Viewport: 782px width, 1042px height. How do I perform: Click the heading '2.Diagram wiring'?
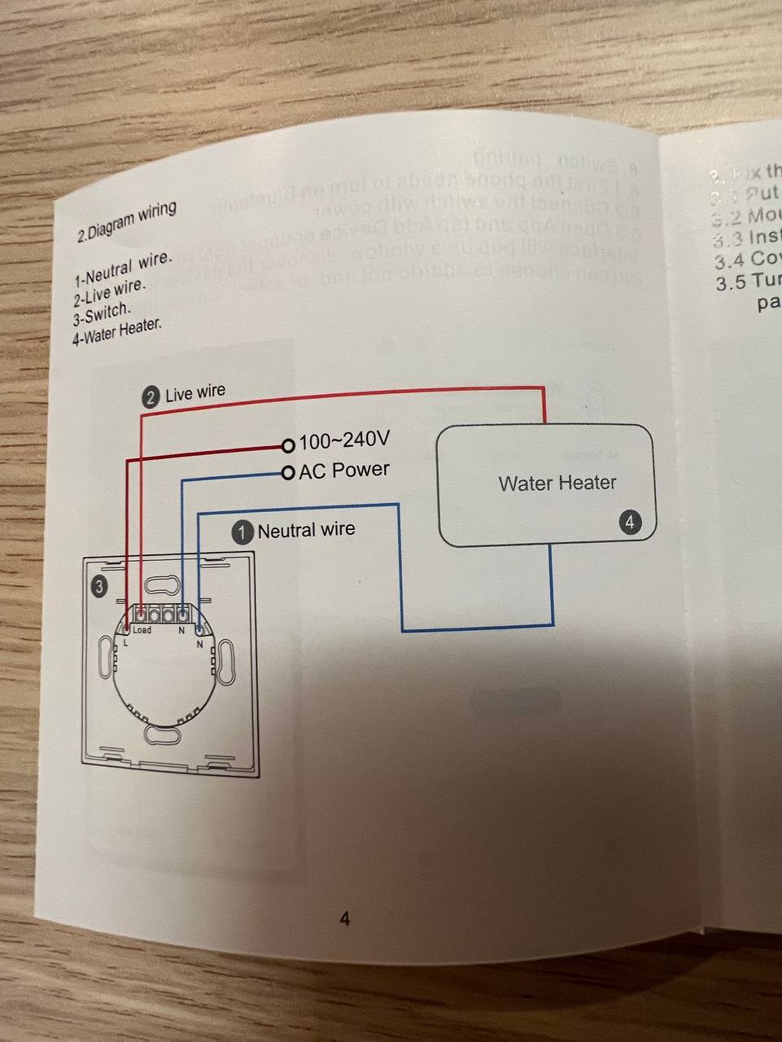coord(126,221)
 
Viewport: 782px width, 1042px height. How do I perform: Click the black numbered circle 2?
coord(151,397)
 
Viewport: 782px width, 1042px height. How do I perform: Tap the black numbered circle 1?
coord(242,532)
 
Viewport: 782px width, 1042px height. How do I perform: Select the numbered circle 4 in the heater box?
coord(630,522)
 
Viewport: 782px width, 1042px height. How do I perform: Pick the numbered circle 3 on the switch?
coord(98,586)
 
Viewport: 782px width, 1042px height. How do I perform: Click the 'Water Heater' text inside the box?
coord(557,483)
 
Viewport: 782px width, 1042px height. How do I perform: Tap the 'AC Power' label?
coord(344,470)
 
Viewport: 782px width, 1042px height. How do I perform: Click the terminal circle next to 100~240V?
coord(287,445)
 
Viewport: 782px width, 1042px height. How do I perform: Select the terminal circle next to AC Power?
coord(287,473)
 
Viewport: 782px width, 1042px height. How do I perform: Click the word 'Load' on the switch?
coord(142,630)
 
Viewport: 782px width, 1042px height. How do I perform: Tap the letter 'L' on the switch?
coord(126,644)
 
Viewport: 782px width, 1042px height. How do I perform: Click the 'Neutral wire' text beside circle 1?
coord(306,530)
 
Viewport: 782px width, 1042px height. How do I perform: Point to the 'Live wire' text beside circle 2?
coord(195,393)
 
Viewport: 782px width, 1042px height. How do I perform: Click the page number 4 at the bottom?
coord(344,920)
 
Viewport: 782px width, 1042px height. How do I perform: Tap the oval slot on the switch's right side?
coord(225,661)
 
